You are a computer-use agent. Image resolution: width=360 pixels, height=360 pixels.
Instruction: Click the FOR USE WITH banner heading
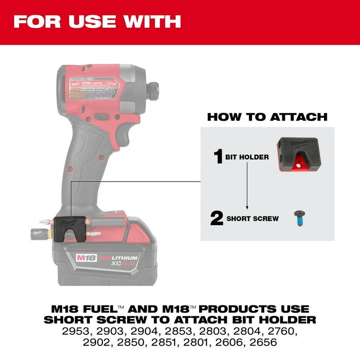pos(97,21)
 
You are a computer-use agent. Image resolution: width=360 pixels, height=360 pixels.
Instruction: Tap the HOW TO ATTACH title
pos(267,117)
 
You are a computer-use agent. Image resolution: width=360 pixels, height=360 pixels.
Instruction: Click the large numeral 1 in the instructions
pos(218,156)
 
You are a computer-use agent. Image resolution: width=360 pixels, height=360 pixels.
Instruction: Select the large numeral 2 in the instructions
pos(203,218)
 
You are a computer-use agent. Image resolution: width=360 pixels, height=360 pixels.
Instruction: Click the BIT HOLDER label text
pos(247,157)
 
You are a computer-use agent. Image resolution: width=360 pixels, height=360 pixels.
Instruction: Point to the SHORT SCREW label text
pos(238,219)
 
